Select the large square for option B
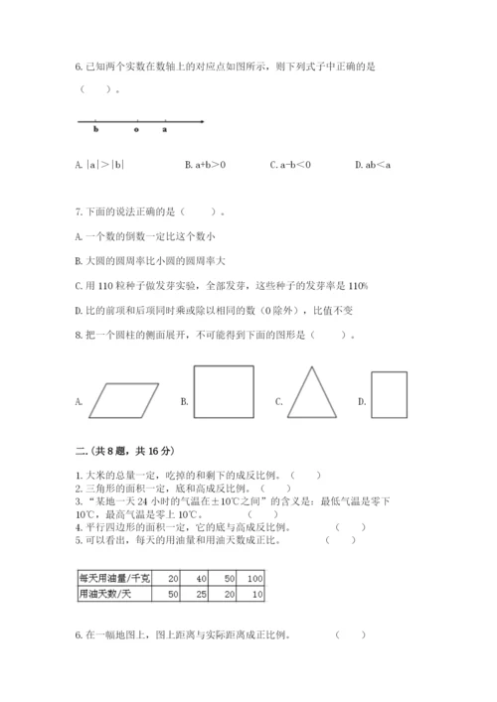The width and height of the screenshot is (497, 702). click(225, 397)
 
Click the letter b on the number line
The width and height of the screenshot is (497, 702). click(95, 130)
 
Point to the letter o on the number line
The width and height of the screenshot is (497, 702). click(136, 130)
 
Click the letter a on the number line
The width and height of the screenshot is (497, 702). click(164, 130)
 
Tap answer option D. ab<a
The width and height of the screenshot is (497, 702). click(374, 165)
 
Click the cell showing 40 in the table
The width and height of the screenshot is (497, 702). click(201, 577)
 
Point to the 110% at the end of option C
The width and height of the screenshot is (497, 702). click(356, 286)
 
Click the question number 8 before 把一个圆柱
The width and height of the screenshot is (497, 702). click(78, 336)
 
